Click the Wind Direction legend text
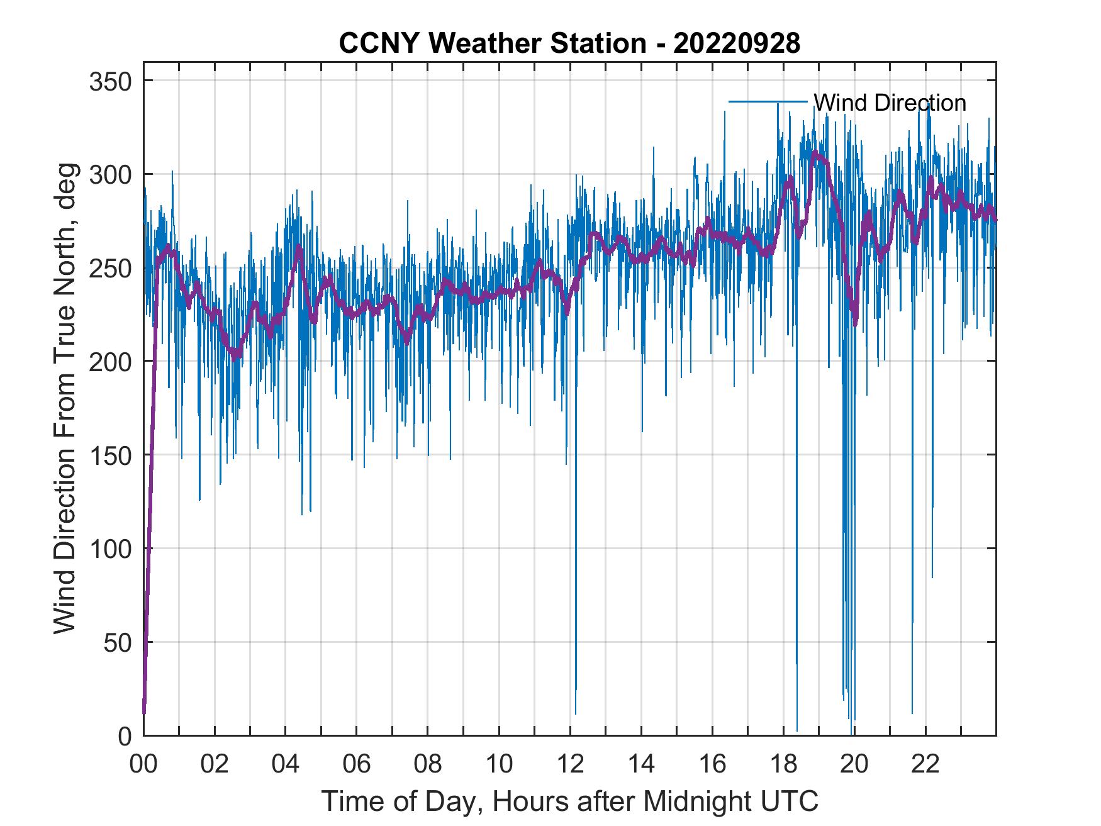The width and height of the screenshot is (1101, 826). (890, 103)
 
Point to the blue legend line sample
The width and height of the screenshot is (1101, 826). (768, 101)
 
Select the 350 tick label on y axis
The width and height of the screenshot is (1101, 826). (109, 81)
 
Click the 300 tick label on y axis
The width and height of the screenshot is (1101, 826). (109, 174)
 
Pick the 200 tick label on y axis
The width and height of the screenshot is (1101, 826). (109, 361)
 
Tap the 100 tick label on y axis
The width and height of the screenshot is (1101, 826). (109, 549)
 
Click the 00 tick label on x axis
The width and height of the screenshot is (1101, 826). (143, 764)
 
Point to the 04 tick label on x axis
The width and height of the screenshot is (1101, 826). (286, 764)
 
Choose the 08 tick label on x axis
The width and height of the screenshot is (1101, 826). (428, 764)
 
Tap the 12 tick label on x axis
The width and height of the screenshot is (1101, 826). (570, 764)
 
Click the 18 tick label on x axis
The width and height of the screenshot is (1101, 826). (783, 764)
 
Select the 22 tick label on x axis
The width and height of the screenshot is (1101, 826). (925, 764)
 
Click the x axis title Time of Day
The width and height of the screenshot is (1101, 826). (570, 801)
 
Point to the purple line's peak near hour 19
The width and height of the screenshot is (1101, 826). (815, 153)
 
